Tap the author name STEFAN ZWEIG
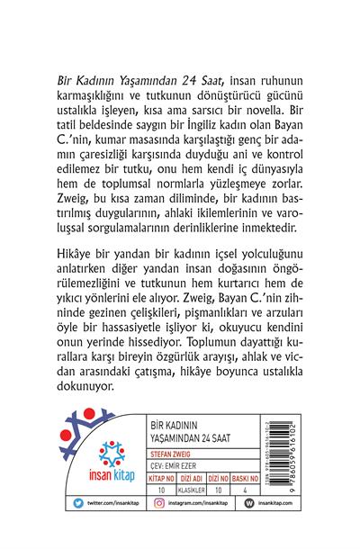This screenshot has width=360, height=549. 164,466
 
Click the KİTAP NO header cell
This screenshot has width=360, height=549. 159,491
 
